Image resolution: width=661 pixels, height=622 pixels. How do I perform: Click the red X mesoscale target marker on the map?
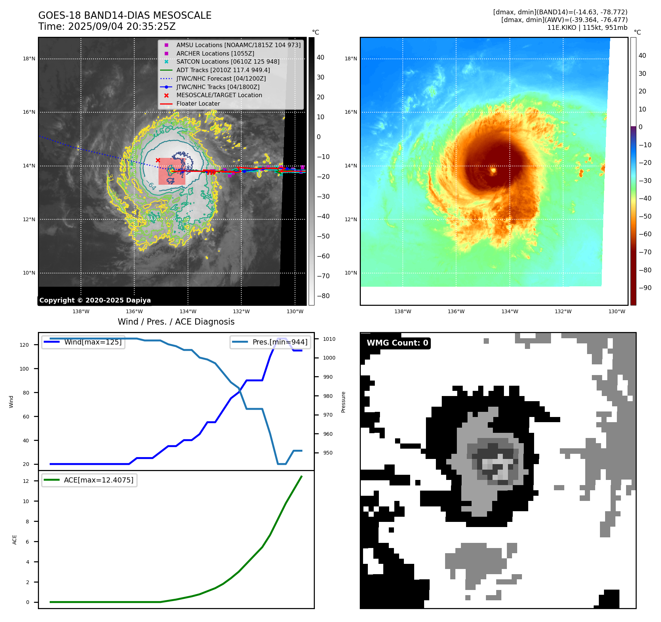coord(158,160)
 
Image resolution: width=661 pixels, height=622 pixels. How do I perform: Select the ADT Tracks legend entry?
coord(223,70)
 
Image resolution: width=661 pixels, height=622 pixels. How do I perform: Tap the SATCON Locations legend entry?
coord(228,61)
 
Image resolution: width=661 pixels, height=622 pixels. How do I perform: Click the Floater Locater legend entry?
coord(198,103)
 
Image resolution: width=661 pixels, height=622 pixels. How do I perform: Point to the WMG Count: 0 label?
coord(397,343)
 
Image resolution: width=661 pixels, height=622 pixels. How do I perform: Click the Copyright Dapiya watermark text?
coord(95,300)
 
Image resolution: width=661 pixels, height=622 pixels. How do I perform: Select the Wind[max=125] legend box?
coord(83,342)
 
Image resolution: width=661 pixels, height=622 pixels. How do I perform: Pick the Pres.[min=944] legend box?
coord(271,342)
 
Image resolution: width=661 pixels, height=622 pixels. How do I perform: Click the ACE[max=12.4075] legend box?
coord(89,480)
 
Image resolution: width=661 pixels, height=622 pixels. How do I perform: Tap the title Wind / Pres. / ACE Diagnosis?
coord(176,322)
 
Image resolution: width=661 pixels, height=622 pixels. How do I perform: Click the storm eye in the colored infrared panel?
coord(493,170)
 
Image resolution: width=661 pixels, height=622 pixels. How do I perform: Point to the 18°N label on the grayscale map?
coord(29,59)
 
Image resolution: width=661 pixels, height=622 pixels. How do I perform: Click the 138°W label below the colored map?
coord(402,311)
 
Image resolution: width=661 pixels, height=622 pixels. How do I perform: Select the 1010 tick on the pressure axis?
coord(329,339)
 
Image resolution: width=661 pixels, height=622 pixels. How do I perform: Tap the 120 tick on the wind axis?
coord(24,345)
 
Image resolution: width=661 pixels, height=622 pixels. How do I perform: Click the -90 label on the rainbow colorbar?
coord(645,288)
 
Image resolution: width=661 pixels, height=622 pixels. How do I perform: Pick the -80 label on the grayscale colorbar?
coord(323,296)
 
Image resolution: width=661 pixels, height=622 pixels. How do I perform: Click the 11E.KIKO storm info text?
coord(587,28)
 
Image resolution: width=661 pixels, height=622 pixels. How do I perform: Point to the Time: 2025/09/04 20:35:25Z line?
coord(107,26)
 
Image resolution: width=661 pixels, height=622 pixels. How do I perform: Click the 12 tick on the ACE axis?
coord(26,481)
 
